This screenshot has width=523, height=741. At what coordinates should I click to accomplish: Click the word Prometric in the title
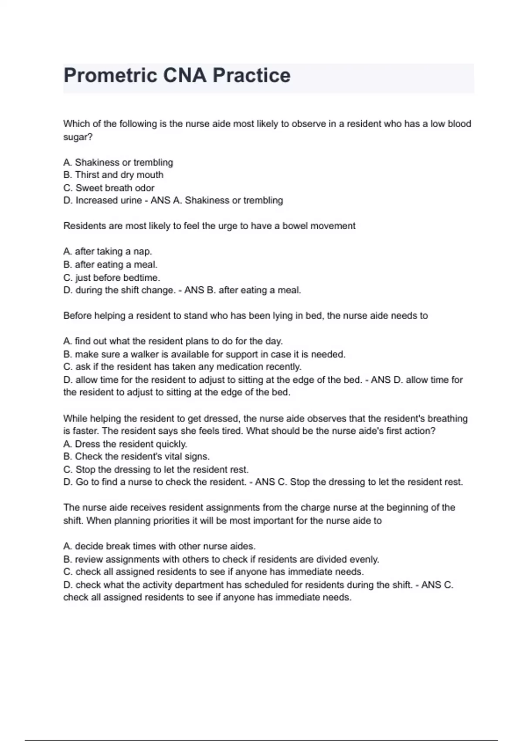click(110, 75)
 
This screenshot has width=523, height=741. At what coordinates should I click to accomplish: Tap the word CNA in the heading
click(184, 75)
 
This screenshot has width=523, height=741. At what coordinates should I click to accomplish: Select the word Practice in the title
click(251, 75)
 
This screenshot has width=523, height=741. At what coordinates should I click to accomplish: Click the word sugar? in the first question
click(78, 137)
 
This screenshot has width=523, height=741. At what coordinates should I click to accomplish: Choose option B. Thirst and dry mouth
click(113, 175)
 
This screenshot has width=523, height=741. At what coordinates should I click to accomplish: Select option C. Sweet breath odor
click(109, 188)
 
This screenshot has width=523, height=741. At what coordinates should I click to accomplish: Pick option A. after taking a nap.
click(108, 252)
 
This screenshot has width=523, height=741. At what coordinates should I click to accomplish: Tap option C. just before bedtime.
click(112, 278)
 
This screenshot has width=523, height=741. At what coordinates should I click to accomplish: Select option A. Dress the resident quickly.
click(125, 444)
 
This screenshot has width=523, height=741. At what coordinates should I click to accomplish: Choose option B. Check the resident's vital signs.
click(136, 456)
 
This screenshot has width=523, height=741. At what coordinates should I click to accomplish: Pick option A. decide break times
click(160, 546)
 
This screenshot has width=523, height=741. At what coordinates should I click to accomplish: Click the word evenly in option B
click(365, 559)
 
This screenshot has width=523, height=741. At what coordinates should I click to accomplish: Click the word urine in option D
click(131, 201)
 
